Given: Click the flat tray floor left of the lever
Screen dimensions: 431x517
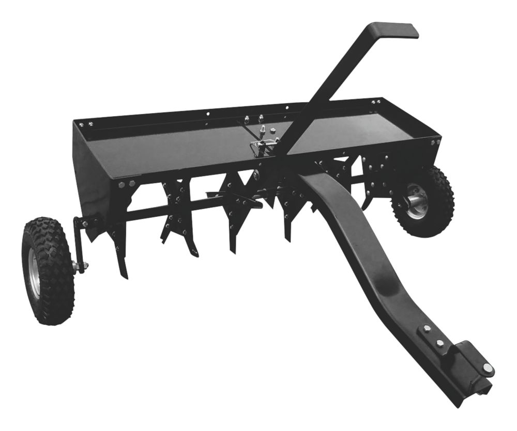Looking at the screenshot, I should click(x=171, y=145).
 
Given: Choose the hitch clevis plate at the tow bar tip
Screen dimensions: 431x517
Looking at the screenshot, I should click(x=470, y=361).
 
